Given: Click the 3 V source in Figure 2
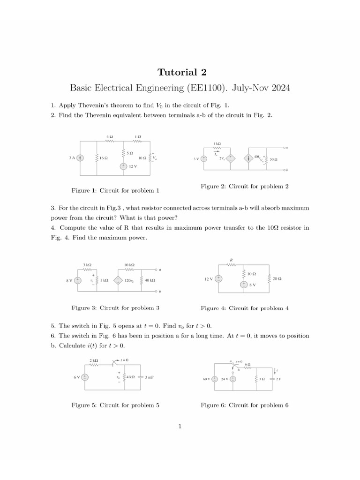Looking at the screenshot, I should (204, 158).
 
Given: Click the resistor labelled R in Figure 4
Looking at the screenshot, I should (231, 264).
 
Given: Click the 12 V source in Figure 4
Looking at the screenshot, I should (218, 279).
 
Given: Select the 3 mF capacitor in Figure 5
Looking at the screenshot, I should (141, 377).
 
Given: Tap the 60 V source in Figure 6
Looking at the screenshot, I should (214, 379).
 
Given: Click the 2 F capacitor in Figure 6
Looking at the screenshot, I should (272, 379).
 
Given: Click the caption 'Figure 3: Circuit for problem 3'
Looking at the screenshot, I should (115, 308).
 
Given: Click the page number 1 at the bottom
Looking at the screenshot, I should (180, 426).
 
